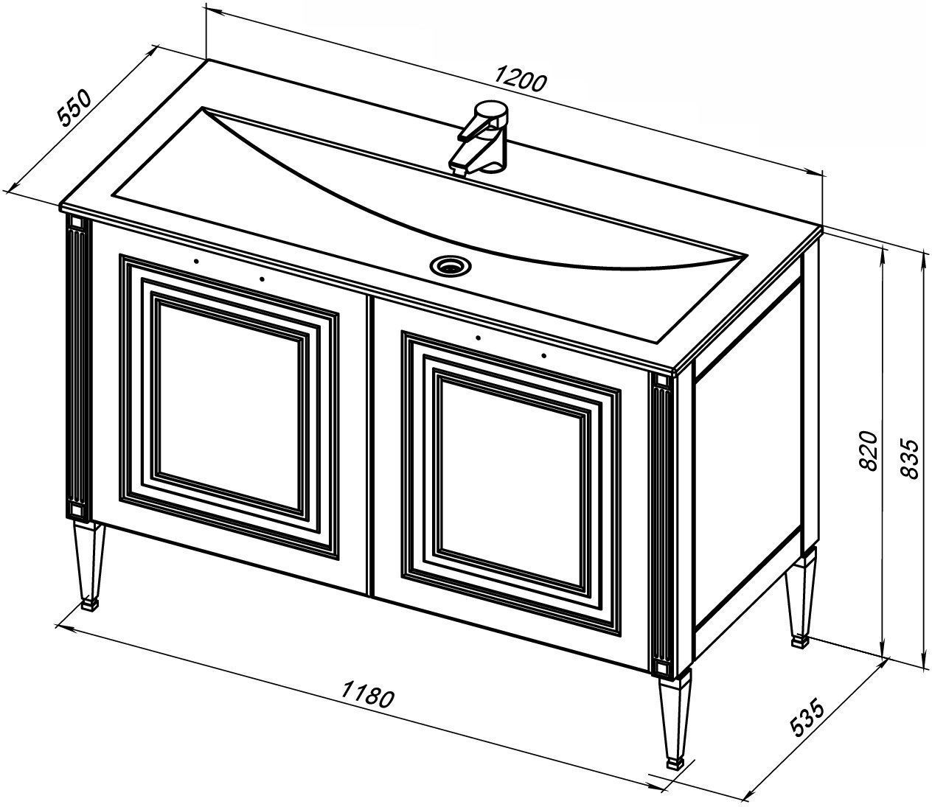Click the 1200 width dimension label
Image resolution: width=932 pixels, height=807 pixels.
point(520,80)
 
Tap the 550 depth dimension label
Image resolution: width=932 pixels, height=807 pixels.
point(74,109)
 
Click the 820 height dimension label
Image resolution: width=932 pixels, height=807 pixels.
point(868,451)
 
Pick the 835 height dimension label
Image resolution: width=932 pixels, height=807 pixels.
point(908,458)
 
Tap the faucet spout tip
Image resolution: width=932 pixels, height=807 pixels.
point(459,170)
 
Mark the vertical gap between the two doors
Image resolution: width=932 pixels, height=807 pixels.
point(372,446)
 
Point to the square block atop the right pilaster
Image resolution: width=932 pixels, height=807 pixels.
point(661,380)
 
